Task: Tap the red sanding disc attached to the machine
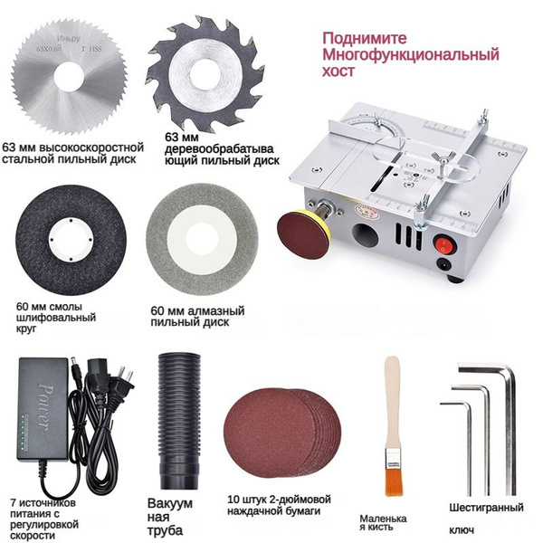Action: point(303,235)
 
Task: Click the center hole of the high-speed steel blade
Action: point(69,77)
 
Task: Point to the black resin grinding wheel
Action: point(71,240)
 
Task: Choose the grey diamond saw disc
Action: point(202,239)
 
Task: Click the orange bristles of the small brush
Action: point(395,480)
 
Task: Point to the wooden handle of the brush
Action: point(393,403)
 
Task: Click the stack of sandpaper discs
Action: point(282,433)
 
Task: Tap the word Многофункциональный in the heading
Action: point(411,54)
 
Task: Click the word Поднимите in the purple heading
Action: point(365,38)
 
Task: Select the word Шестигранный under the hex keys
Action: point(486,508)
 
